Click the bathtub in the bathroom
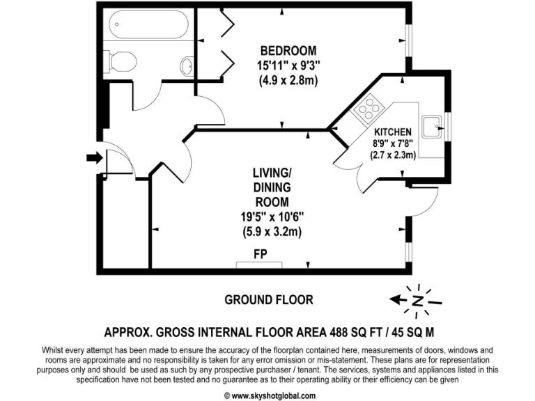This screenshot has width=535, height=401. pos(147,27)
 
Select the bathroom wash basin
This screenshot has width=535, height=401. pos(186,67)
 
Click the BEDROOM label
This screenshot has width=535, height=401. pos(288,51)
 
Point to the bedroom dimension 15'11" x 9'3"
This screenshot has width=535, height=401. pos(288,66)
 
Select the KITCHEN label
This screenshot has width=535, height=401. pos(393,132)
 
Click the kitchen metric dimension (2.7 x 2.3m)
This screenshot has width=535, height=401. pos(393,155)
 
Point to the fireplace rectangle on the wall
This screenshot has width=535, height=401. pos(260,264)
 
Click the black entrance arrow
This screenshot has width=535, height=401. pos(93,159)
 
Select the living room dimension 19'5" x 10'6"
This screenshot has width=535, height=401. pos(267,216)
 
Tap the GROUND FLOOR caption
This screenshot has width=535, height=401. pos(268,300)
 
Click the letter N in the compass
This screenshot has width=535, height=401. pos(417,301)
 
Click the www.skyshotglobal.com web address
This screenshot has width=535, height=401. pos(267,394)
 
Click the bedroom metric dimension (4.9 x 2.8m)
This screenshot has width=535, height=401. pos(288,81)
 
